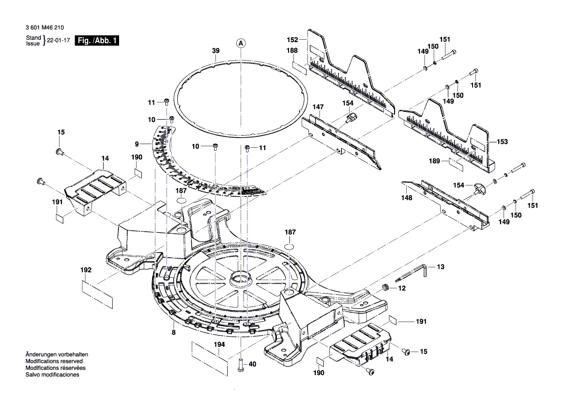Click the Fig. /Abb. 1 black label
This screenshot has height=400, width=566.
click(x=96, y=41)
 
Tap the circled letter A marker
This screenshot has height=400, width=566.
click(x=241, y=44)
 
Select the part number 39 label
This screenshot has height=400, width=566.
click(x=215, y=51)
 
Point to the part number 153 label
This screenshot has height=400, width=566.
click(x=502, y=142)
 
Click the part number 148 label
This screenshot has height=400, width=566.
click(x=407, y=198)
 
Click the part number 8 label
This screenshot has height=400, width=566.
click(x=173, y=333)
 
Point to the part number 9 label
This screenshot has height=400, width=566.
click(x=137, y=144)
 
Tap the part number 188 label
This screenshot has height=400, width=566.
click(x=291, y=50)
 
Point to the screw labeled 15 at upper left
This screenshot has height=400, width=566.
click(x=60, y=152)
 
